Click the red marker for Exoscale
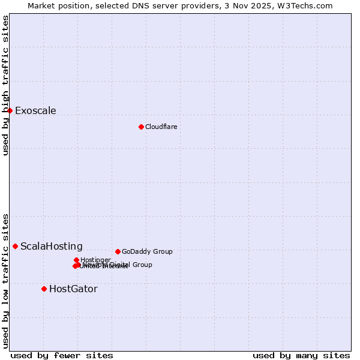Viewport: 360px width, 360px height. point(10,110)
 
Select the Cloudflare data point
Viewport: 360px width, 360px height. point(141,127)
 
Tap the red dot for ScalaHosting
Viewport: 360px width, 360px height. point(15,246)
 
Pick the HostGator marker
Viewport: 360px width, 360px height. point(44,289)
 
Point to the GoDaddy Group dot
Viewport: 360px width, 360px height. point(118,251)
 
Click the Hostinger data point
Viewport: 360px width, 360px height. point(77,260)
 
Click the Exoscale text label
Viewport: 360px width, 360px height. point(35,110)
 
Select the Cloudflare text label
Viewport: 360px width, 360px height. point(161,127)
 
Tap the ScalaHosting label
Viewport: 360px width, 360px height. point(51,246)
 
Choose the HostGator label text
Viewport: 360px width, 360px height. point(73,289)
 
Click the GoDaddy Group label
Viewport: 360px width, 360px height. point(147,251)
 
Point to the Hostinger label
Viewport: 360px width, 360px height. point(95,260)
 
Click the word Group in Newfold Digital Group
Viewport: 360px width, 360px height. point(142,265)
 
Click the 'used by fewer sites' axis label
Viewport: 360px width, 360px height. point(62,355)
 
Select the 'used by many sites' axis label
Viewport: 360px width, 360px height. point(301,355)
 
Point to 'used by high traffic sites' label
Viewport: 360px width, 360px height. point(6,85)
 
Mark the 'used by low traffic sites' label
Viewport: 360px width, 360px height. point(6,281)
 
